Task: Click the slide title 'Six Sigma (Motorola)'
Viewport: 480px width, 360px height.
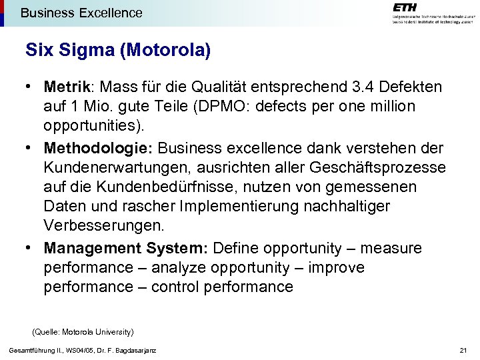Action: [118, 51]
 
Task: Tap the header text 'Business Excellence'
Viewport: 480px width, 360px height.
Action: [81, 13]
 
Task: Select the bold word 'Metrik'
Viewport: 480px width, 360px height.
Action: [67, 87]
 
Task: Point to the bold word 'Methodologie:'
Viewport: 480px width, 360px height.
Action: [98, 147]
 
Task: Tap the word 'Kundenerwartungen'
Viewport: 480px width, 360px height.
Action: [113, 167]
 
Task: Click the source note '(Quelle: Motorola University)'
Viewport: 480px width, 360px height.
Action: [83, 331]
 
